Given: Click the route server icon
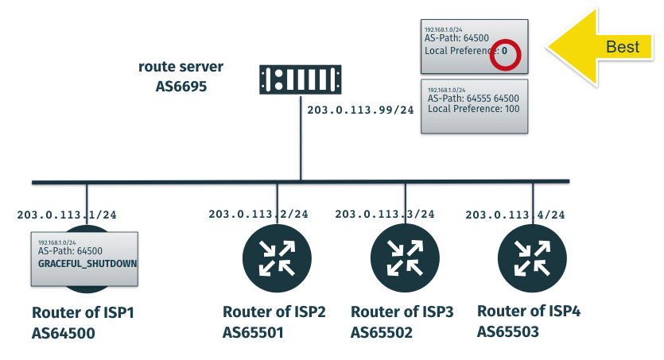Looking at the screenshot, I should click(301, 79).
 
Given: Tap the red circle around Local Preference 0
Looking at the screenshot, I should click(505, 56).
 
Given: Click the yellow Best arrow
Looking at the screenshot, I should click(604, 47).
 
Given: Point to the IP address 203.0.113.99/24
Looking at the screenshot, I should click(360, 110).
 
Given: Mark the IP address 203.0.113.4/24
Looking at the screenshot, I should click(515, 215).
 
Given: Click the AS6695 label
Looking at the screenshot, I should click(181, 85).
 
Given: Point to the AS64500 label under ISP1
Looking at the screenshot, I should click(64, 333).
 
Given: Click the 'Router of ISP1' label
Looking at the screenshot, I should click(83, 312).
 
